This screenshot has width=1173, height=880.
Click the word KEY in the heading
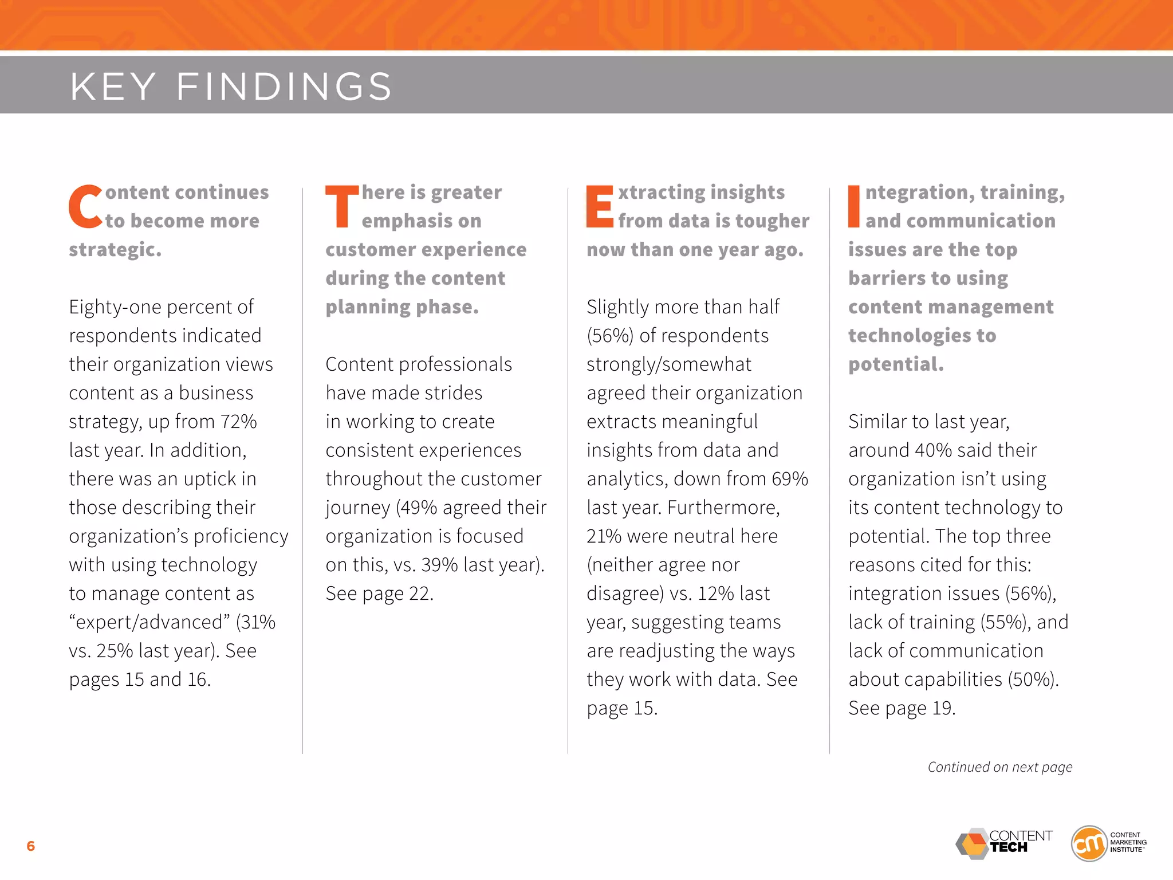click(x=113, y=87)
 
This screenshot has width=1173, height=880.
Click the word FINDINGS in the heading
click(x=284, y=87)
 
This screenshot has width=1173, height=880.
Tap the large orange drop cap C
click(x=85, y=206)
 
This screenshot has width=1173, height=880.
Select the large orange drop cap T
click(x=342, y=206)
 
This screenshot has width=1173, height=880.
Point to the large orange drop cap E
click(x=600, y=206)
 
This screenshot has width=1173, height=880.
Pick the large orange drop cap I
click(x=854, y=206)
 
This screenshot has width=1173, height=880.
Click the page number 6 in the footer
click(x=31, y=846)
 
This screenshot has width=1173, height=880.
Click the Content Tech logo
click(x=1004, y=844)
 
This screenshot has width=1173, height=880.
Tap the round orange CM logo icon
click(x=1089, y=844)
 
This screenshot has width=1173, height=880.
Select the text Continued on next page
click(x=1000, y=767)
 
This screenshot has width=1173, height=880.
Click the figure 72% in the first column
click(x=238, y=422)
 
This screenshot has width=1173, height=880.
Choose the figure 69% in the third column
click(x=789, y=479)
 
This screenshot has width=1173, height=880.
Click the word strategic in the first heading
click(x=115, y=250)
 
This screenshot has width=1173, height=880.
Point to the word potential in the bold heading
click(x=896, y=364)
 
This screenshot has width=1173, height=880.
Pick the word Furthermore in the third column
click(x=723, y=508)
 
